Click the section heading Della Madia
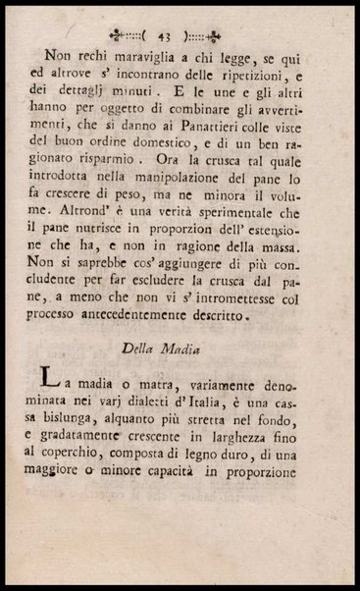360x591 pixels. tap(180, 347)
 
